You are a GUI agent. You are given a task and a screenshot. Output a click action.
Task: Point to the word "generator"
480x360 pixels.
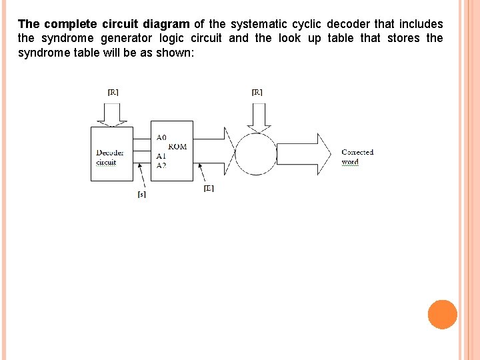pyautogui.click(x=131, y=38)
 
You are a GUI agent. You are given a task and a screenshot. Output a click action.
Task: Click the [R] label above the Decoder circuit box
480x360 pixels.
pyautogui.click(x=113, y=92)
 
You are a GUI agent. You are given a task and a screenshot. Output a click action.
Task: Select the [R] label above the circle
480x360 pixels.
pyautogui.click(x=257, y=92)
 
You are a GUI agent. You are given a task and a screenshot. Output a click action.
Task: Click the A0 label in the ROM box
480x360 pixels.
pyautogui.click(x=161, y=137)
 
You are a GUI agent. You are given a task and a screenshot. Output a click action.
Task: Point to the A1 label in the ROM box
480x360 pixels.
pyautogui.click(x=161, y=156)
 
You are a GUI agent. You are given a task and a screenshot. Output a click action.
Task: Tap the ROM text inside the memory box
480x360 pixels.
pyautogui.click(x=177, y=147)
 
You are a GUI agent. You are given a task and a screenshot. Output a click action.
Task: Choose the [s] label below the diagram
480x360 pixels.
pyautogui.click(x=141, y=195)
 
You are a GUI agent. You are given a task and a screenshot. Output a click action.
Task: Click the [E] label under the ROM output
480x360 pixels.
pyautogui.click(x=209, y=189)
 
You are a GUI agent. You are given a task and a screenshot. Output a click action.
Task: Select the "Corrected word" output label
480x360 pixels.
pyautogui.click(x=357, y=157)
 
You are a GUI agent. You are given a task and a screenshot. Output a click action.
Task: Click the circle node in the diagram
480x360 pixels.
pyautogui.click(x=256, y=154)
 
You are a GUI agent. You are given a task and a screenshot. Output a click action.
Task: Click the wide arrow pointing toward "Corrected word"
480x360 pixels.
pyautogui.click(x=303, y=154)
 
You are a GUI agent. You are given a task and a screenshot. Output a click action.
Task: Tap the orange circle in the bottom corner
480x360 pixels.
pyautogui.click(x=442, y=315)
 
